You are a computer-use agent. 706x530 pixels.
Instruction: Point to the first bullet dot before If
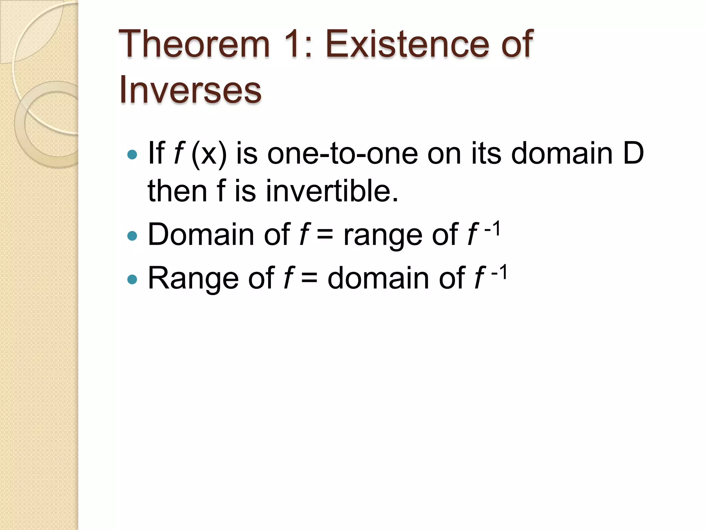click(132, 154)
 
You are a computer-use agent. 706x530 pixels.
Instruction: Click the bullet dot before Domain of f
click(132, 236)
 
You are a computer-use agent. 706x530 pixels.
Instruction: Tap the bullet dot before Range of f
click(132, 279)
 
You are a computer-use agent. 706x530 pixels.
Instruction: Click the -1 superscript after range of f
click(492, 228)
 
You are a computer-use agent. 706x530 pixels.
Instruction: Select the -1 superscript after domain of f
click(499, 272)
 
